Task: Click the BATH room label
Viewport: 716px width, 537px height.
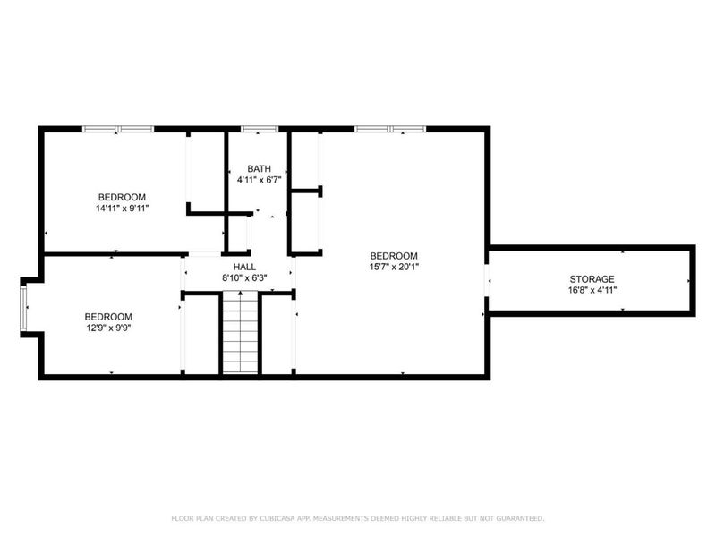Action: (260, 168)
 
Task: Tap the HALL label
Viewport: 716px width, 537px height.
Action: (245, 267)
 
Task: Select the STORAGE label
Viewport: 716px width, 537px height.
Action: (592, 279)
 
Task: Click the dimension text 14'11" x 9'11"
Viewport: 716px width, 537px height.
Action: (122, 208)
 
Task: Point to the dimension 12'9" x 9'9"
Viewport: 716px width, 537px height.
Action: (108, 328)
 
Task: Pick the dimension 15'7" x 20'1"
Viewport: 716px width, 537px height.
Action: (394, 266)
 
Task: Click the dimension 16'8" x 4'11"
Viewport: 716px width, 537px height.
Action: (592, 290)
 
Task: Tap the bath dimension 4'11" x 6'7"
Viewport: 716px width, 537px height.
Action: (260, 179)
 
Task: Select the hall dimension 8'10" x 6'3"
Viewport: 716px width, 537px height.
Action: (245, 277)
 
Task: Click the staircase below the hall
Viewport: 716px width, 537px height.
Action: (240, 336)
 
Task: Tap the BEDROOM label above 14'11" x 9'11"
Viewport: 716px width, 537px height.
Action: (122, 197)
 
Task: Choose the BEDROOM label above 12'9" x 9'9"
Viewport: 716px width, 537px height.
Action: (108, 317)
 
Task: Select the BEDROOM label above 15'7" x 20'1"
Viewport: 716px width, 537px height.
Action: (394, 255)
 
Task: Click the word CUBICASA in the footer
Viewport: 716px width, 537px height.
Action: (267, 518)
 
